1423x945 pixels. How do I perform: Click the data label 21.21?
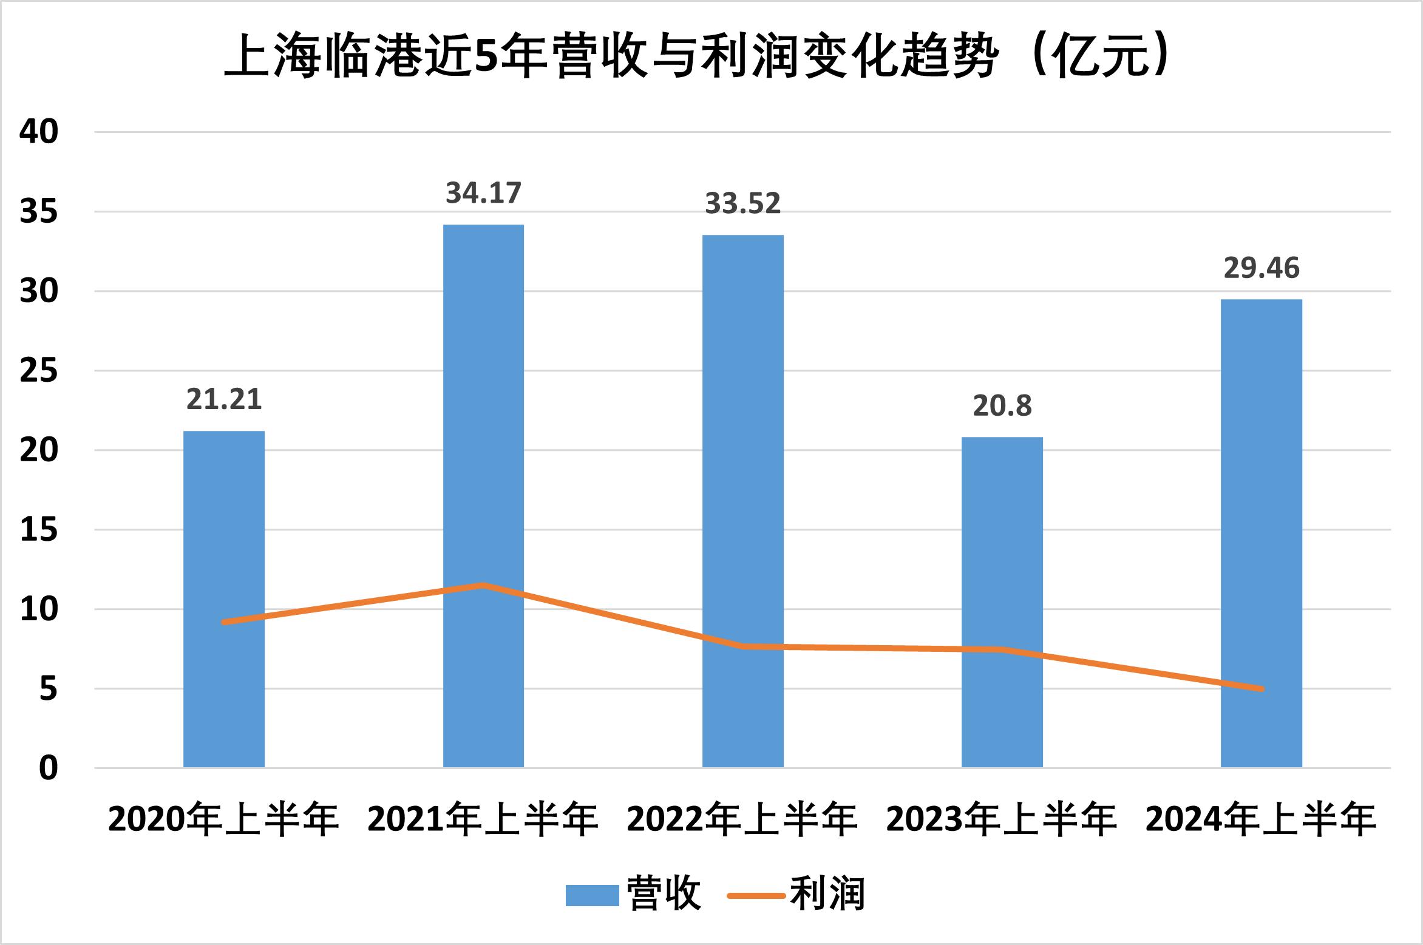coord(224,399)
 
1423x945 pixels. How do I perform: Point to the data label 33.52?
coord(742,203)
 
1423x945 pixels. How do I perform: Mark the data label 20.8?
coord(1002,405)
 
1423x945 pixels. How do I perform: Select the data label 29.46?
coord(1262,268)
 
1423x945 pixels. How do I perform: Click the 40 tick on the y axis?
coord(39,132)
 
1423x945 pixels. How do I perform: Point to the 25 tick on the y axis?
coord(39,371)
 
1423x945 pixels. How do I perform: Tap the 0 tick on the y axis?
coord(48,768)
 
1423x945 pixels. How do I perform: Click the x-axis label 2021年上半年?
coord(483,819)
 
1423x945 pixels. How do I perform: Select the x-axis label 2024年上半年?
coord(1262,819)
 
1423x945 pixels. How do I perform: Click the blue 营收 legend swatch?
coord(592,895)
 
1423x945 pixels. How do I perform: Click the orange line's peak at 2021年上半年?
coord(483,585)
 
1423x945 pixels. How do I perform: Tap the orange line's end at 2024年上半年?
coord(1262,689)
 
